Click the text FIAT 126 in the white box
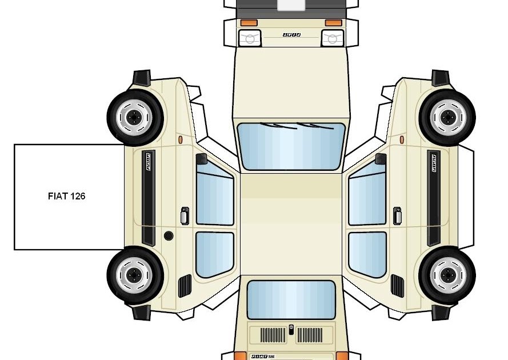pyautogui.click(x=67, y=196)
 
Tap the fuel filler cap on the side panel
pyautogui.click(x=169, y=235)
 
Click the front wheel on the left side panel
pyautogui.click(x=135, y=118)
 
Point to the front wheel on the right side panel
pyautogui.click(x=447, y=118)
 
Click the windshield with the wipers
pyautogui.click(x=291, y=146)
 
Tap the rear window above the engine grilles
pyautogui.click(x=291, y=299)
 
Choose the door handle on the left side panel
pyautogui.click(x=184, y=215)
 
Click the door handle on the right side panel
pyautogui.click(x=397, y=215)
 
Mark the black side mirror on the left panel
pyautogui.click(x=201, y=159)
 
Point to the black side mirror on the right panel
pyautogui.click(x=381, y=159)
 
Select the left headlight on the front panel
pyautogui.click(x=250, y=38)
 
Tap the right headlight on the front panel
pyautogui.click(x=332, y=38)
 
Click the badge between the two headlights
pyautogui.click(x=291, y=35)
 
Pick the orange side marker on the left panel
pyautogui.click(x=181, y=139)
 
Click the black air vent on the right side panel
pyautogui.click(x=397, y=286)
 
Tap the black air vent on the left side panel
pyautogui.click(x=185, y=286)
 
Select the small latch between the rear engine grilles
pyautogui.click(x=291, y=330)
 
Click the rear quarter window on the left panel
pyautogui.click(x=214, y=254)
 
